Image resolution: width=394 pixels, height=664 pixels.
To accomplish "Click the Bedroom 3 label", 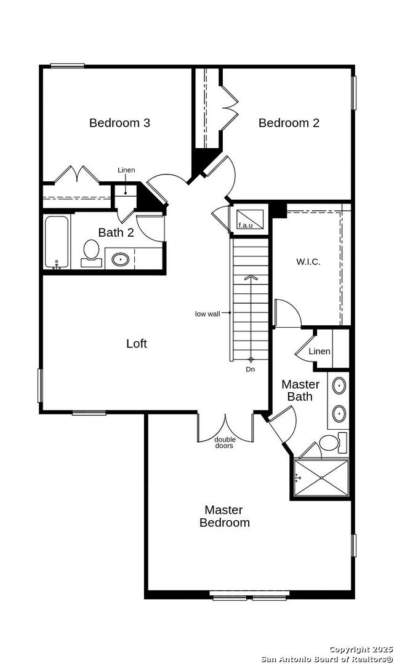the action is click(x=119, y=123).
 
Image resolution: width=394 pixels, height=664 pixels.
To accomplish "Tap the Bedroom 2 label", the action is click(x=289, y=123).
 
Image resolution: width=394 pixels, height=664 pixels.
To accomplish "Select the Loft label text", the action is click(x=137, y=343).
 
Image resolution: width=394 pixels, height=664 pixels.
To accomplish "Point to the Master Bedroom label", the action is click(x=224, y=516).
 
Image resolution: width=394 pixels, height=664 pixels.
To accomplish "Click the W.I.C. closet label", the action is click(x=308, y=262).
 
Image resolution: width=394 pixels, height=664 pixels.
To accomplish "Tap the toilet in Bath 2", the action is click(x=91, y=254).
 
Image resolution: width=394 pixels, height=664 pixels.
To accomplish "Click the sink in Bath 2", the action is click(x=121, y=259).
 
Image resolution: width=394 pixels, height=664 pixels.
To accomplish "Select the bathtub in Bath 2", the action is click(x=57, y=242).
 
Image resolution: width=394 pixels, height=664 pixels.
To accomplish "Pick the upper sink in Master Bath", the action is click(x=339, y=385).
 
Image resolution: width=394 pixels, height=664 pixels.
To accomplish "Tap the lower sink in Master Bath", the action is click(x=339, y=414).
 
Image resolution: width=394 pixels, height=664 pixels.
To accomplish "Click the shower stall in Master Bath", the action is click(x=321, y=478).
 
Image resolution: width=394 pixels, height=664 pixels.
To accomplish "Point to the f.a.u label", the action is click(x=245, y=225).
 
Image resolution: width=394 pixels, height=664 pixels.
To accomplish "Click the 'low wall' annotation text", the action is click(x=207, y=314).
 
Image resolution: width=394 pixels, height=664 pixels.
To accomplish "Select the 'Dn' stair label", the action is click(x=250, y=370).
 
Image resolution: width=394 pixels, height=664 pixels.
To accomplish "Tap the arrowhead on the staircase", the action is click(x=251, y=277).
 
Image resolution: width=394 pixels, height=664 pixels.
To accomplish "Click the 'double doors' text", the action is click(x=225, y=443).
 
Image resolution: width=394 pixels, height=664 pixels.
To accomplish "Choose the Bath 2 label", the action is click(x=116, y=232).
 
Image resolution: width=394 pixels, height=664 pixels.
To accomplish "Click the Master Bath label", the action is click(x=300, y=390).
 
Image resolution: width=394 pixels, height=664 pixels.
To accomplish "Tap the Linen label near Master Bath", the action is click(x=320, y=351).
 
